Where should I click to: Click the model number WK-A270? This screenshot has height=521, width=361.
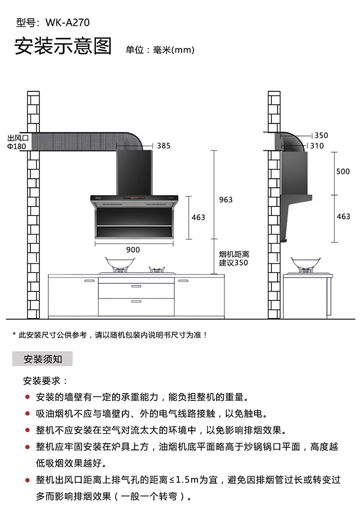[x=68, y=23]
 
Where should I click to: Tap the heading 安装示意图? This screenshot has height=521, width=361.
[x=63, y=46]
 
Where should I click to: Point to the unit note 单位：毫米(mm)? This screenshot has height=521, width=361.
[x=160, y=50]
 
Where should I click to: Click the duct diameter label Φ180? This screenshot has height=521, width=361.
[x=17, y=147]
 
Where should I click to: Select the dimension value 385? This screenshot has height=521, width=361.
[x=164, y=145]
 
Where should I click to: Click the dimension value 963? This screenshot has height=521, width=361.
[x=226, y=200]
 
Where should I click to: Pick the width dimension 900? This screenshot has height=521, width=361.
[x=133, y=249]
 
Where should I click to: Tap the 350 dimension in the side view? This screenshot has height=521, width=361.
[x=321, y=135]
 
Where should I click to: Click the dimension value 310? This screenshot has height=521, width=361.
[x=317, y=145]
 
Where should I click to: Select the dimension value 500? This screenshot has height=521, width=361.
[x=343, y=172]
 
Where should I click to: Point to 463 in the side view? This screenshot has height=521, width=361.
[x=343, y=217]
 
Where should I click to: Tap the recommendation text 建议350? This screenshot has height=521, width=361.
[x=234, y=263]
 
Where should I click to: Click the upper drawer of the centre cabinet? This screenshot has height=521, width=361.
[x=136, y=290]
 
